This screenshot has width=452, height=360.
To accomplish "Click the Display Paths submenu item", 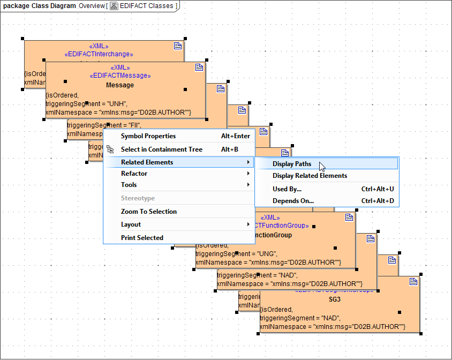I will [x=292, y=164].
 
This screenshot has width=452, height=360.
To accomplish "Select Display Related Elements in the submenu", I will [x=310, y=176].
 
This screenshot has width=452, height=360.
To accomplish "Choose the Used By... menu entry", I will [x=287, y=189].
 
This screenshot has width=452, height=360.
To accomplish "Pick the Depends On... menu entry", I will [x=293, y=201].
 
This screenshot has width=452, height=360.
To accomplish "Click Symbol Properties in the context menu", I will [x=148, y=136].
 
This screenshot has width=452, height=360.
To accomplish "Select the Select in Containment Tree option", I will [x=162, y=149].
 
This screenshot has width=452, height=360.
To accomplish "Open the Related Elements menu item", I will [x=147, y=162].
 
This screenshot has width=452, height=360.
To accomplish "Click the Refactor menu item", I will [x=134, y=174].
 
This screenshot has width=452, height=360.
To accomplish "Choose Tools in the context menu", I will [x=129, y=185].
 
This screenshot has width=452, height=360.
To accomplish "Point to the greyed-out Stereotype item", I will [x=138, y=198].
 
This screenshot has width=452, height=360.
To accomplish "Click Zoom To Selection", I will [x=149, y=212].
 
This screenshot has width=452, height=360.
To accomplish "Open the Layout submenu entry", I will [x=131, y=224].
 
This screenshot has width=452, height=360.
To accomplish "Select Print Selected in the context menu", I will [x=142, y=238].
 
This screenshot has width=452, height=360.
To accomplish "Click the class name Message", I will [x=120, y=85].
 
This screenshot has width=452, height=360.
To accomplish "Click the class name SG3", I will [x=335, y=299].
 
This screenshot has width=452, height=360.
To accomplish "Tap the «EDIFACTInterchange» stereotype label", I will [x=99, y=54].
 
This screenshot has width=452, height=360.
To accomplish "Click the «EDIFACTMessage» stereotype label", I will [x=120, y=76].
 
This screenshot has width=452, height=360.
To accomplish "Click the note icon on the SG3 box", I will [x=413, y=282].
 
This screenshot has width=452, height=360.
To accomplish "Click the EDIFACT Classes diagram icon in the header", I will [x=114, y=6].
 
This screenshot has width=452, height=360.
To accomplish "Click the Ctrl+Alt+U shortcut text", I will [x=378, y=189].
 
